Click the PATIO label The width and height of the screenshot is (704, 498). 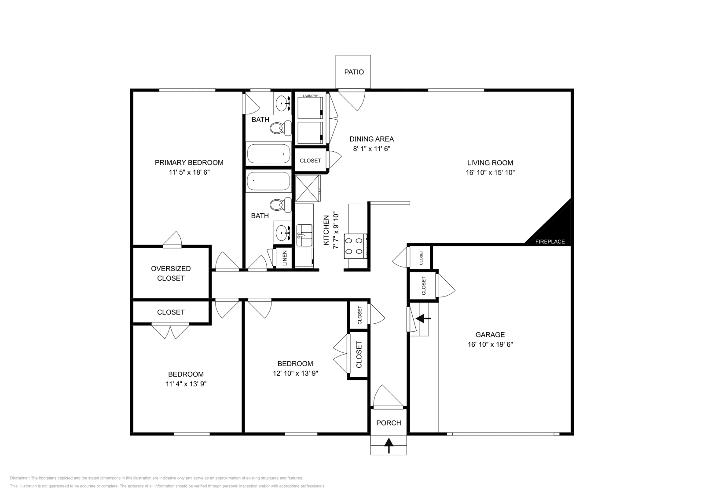(354, 72)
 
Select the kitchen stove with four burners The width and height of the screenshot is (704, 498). (355, 246)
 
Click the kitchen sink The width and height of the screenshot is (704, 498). (304, 235)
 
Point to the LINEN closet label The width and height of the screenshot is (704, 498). (285, 258)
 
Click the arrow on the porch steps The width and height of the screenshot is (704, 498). (389, 445)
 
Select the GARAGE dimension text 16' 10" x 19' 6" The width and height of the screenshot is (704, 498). (490, 344)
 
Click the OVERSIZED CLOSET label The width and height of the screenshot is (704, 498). (171, 273)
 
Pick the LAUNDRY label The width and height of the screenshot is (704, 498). (310, 95)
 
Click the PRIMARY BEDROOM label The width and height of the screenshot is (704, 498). (189, 163)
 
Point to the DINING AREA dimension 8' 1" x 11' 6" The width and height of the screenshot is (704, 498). (372, 149)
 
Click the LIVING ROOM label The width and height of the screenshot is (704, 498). (490, 163)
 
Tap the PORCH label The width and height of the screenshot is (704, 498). (389, 423)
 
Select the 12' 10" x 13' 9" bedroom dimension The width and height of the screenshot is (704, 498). (295, 373)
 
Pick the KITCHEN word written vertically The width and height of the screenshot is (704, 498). (326, 230)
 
